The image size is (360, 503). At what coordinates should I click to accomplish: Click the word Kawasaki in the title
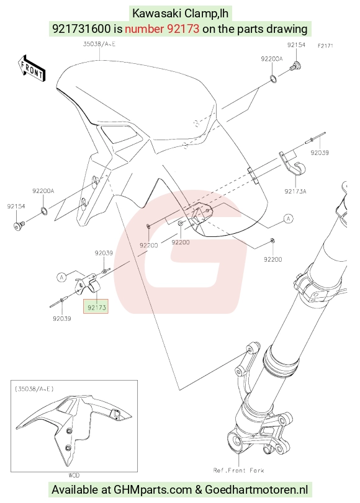point(156,14)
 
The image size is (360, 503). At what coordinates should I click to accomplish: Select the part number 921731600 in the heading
point(81,29)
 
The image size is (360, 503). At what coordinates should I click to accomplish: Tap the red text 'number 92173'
point(162,29)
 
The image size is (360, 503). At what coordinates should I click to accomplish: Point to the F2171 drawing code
point(325,46)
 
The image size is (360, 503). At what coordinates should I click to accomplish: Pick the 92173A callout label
point(295,192)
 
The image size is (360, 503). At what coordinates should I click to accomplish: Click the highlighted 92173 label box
point(96,306)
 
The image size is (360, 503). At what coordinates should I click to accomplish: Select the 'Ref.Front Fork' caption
point(238,470)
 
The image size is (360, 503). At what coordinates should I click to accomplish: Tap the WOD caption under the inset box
point(73,474)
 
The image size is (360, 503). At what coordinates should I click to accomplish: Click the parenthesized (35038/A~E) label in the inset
point(34,389)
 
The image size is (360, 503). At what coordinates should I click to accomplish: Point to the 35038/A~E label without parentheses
point(99,44)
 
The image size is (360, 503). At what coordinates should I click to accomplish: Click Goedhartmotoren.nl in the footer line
point(256,489)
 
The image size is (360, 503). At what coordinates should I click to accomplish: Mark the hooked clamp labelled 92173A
point(292,164)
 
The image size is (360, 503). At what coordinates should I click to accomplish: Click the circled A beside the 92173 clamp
point(61,277)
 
